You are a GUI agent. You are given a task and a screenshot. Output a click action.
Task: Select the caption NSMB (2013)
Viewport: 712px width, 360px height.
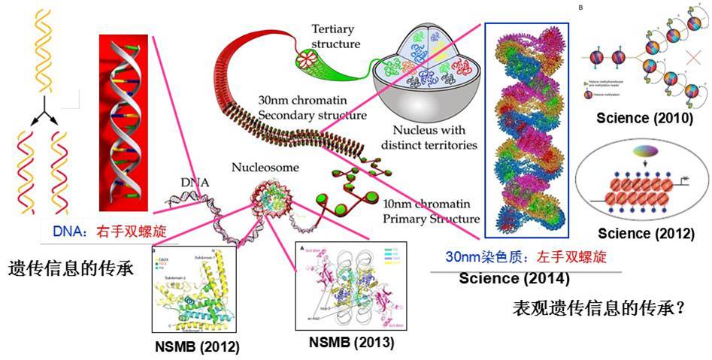click(x=351, y=342)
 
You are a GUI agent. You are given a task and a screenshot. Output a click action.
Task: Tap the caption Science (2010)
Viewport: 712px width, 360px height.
click(x=644, y=117)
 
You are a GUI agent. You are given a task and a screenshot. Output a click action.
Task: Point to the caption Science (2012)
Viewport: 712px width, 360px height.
click(x=644, y=234)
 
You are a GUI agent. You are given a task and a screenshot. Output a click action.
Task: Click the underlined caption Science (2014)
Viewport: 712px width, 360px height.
click(x=514, y=278)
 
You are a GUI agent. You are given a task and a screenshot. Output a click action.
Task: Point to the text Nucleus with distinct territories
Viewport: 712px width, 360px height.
click(x=429, y=138)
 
